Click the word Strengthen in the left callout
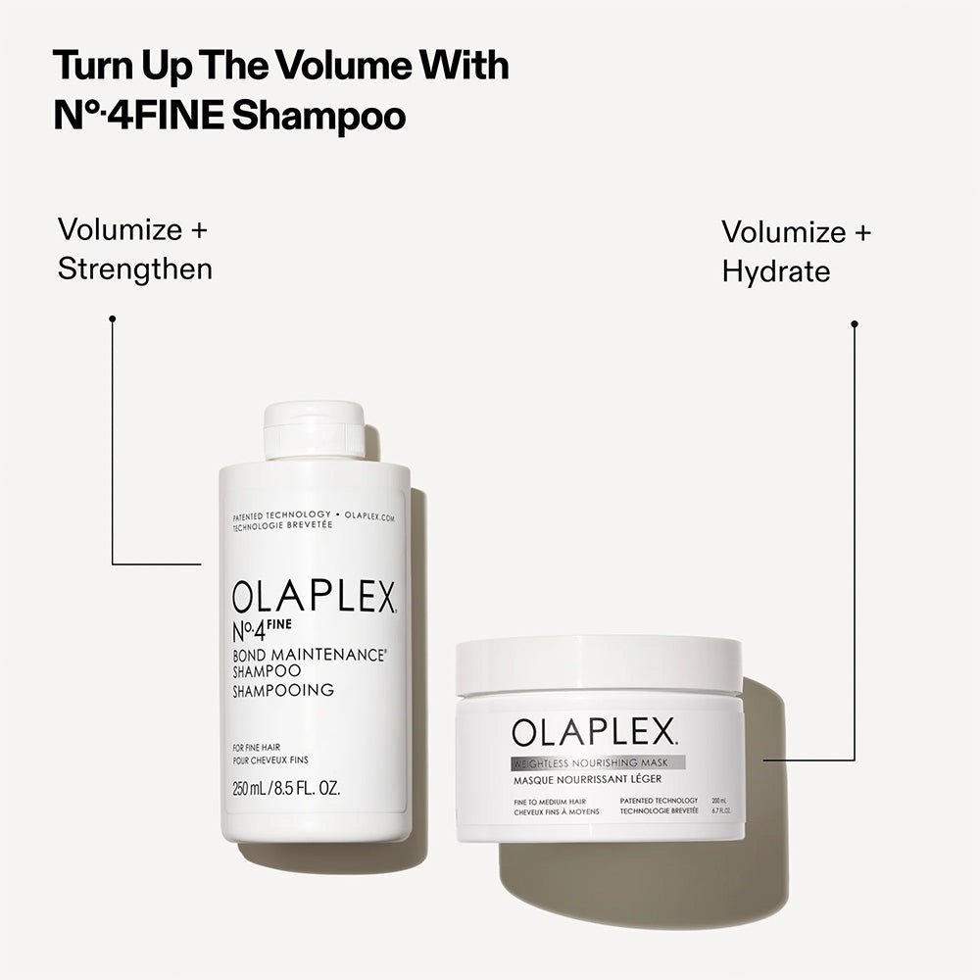(135, 269)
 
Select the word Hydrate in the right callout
(776, 271)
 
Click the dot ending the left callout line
(113, 318)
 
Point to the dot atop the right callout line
(855, 323)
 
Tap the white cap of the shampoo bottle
(315, 429)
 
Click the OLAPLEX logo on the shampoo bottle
(314, 597)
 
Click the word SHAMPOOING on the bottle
(283, 690)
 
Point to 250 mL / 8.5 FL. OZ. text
(286, 789)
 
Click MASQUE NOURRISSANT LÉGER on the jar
(586, 779)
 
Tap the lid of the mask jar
(599, 663)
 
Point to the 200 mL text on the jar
(718, 802)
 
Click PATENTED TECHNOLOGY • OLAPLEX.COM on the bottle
(314, 514)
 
